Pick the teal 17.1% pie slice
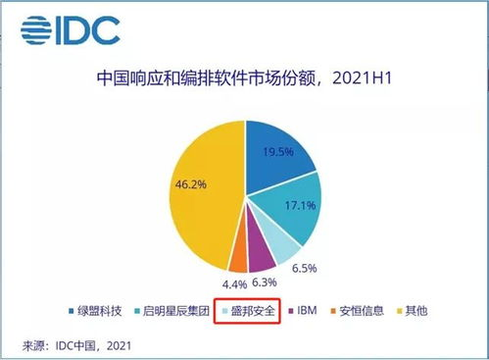[293, 211]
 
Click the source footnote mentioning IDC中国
[76, 345]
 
